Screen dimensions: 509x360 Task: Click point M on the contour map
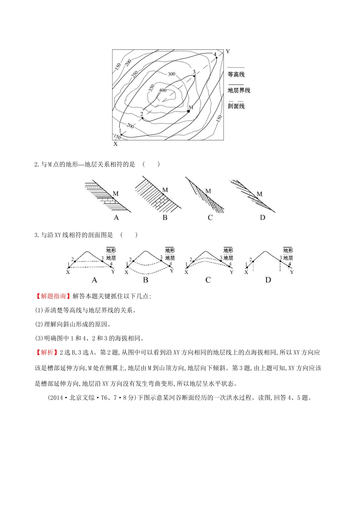pos(188,111)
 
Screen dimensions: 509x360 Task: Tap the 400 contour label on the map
pos(163,90)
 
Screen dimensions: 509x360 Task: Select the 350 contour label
pos(152,88)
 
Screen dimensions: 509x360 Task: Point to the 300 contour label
pos(172,74)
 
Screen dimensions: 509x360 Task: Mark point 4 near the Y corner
pos(216,58)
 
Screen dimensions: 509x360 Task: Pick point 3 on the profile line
pos(194,76)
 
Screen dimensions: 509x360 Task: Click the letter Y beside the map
pos(228,52)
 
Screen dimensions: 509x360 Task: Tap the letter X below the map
pos(116,144)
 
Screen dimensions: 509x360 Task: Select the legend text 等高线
pos(236,75)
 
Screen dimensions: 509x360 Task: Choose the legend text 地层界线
pos(239,91)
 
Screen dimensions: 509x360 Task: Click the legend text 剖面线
pos(236,106)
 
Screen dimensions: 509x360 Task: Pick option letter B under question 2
pos(165,218)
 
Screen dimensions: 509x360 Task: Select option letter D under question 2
pos(263,218)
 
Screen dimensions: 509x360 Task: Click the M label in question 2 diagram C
pos(208,191)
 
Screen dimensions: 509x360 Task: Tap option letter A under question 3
pos(94,280)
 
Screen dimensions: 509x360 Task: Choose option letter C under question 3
pos(208,280)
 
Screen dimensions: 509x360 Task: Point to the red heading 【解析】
pos(47,352)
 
